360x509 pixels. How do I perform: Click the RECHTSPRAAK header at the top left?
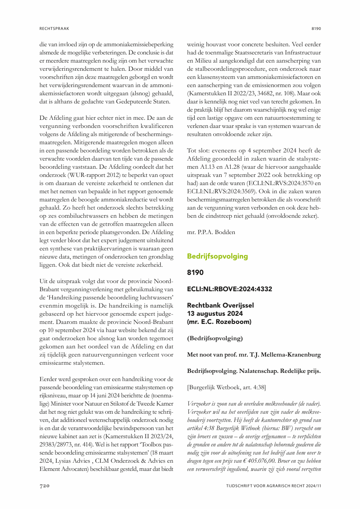[x=54, y=28]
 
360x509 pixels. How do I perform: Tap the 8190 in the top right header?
[x=316, y=28]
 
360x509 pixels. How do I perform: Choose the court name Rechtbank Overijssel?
[x=220, y=305]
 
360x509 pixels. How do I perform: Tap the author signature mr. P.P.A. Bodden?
[x=212, y=232]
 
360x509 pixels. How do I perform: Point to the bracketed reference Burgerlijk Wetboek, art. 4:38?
[x=227, y=387]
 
